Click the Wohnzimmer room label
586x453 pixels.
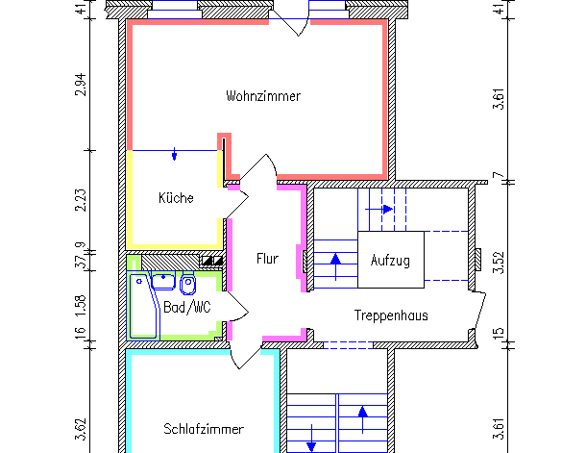[x=263, y=96]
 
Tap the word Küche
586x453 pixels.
[x=176, y=198]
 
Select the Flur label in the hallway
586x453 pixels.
[x=267, y=259]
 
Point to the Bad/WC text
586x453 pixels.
[x=186, y=307]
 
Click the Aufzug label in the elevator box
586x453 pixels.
[x=390, y=261]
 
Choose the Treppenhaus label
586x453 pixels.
[x=390, y=315]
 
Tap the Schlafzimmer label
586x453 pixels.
[x=203, y=429]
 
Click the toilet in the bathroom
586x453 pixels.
[x=187, y=283]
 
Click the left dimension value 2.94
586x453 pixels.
[x=81, y=86]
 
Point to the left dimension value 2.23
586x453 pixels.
[x=81, y=199]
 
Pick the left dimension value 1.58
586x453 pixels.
[x=81, y=303]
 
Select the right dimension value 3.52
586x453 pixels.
[x=498, y=263]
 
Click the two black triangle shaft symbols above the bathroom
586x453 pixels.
[x=211, y=260]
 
